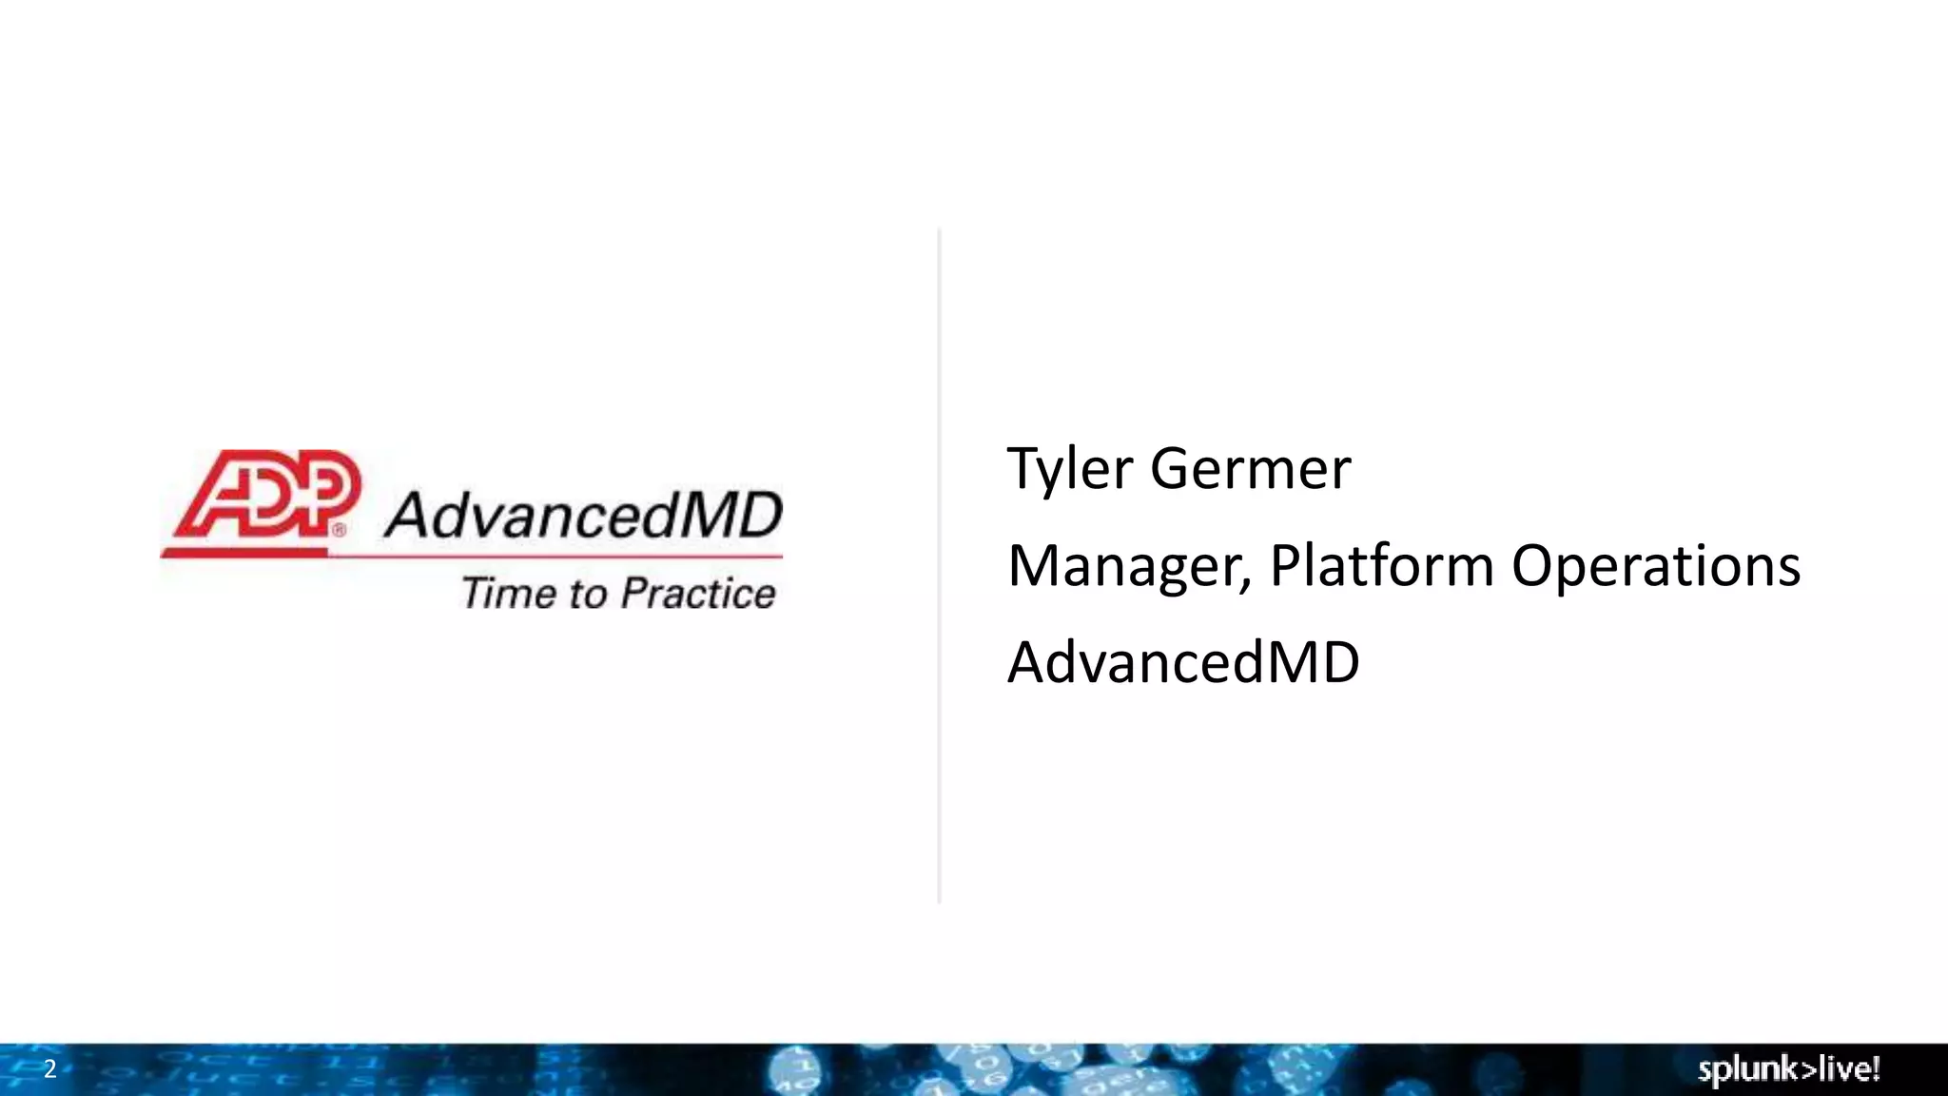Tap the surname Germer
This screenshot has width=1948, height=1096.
pyautogui.click(x=1251, y=469)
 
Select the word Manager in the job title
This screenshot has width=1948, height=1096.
pyautogui.click(x=1124, y=566)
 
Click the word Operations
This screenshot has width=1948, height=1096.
pyautogui.click(x=1655, y=566)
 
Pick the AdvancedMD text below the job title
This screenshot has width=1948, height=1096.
pyautogui.click(x=1183, y=662)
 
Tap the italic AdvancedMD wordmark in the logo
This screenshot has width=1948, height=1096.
pyautogui.click(x=583, y=516)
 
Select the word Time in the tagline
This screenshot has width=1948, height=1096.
pyautogui.click(x=509, y=593)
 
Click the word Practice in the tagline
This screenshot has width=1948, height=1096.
pyautogui.click(x=698, y=594)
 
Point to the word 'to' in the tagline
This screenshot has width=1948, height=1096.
pyautogui.click(x=588, y=594)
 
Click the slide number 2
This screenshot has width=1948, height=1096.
pyautogui.click(x=50, y=1068)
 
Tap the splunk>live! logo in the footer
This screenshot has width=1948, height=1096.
pyautogui.click(x=1788, y=1069)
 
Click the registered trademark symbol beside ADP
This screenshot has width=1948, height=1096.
pyautogui.click(x=340, y=531)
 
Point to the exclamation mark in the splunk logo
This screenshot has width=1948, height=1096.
pyautogui.click(x=1875, y=1068)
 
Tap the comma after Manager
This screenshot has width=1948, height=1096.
pyautogui.click(x=1246, y=582)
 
